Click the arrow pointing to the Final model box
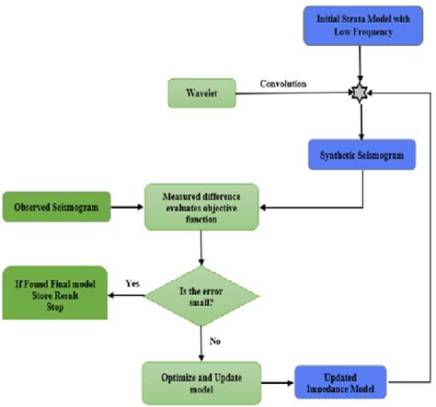(x=129, y=295)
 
